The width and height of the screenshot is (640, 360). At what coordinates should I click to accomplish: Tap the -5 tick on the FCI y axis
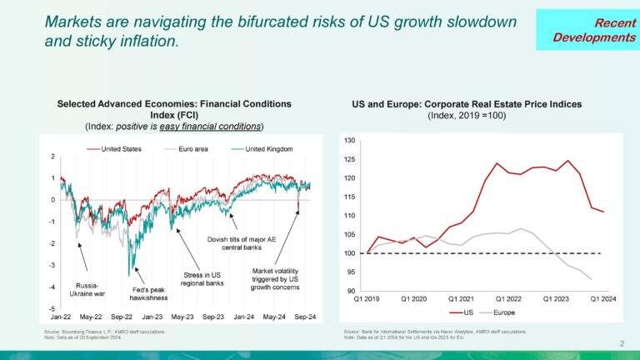tap(52, 308)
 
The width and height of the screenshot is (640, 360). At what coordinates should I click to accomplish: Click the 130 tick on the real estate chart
tap(349, 141)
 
